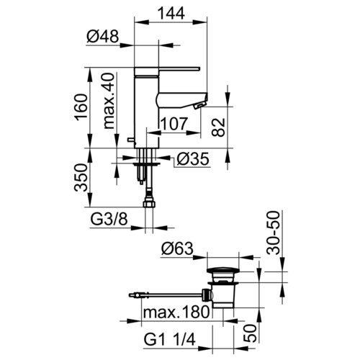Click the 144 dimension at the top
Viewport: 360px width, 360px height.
tap(171, 13)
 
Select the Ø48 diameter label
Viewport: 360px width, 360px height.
tap(103, 37)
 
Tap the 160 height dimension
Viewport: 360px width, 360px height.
tap(81, 107)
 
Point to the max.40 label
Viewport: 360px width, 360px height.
tap(109, 101)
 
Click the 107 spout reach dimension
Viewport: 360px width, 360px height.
tap(174, 124)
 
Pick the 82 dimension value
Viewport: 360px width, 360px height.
tap(219, 127)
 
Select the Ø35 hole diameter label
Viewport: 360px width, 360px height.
tap(193, 159)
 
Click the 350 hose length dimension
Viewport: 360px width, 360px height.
tap(81, 178)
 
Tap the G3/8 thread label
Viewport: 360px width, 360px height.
tap(109, 220)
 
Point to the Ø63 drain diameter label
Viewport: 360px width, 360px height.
tap(177, 248)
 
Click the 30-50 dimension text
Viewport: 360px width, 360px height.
tap(274, 233)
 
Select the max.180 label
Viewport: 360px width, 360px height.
tap(176, 312)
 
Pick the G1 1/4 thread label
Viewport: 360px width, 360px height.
tap(170, 340)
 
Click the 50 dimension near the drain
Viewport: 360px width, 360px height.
tap(250, 333)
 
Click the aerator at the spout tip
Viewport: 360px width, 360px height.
tap(199, 105)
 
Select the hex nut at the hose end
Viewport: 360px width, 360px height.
tap(149, 204)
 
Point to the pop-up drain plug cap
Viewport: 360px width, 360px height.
tap(223, 270)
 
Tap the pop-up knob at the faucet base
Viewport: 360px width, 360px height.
tap(131, 140)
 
